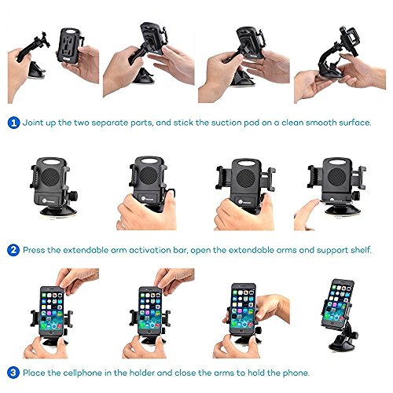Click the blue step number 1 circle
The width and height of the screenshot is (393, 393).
pyautogui.click(x=13, y=123)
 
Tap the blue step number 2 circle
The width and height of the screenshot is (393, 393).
pyautogui.click(x=13, y=250)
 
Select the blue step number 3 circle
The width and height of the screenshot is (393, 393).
pyautogui.click(x=13, y=373)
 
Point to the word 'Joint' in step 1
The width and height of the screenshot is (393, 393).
pyautogui.click(x=33, y=123)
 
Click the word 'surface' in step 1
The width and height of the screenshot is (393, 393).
pyautogui.click(x=354, y=123)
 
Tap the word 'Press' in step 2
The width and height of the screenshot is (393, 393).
pyautogui.click(x=34, y=250)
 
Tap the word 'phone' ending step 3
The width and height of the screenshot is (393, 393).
pyautogui.click(x=296, y=373)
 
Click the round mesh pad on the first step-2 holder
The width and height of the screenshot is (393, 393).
pyautogui.click(x=50, y=177)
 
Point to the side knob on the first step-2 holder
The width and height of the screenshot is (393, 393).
pyautogui.click(x=73, y=196)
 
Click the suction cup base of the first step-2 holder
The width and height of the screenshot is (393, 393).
pyautogui.click(x=58, y=211)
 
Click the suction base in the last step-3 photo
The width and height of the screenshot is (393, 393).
pyautogui.click(x=341, y=343)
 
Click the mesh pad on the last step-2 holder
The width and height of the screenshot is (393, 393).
pyautogui.click(x=336, y=176)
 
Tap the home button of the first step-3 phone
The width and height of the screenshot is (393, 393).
pyautogui.click(x=50, y=332)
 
